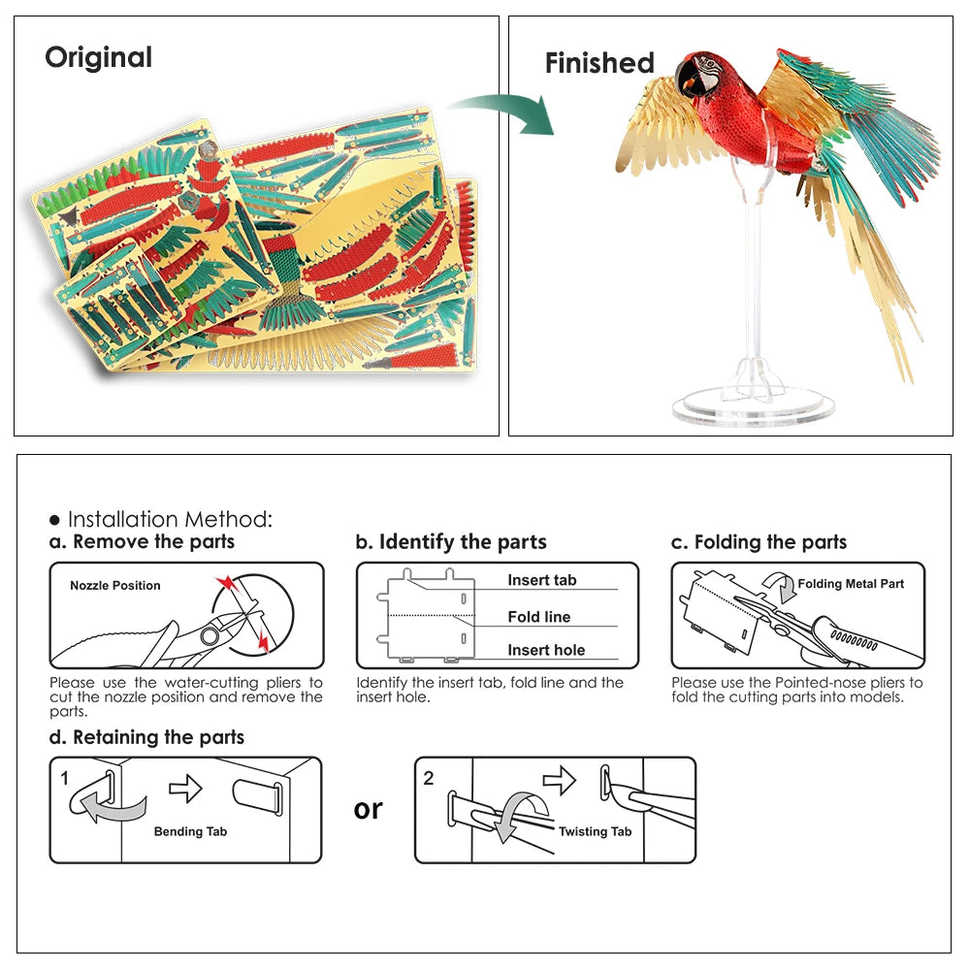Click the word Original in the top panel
click(x=98, y=57)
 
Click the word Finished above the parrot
click(x=599, y=63)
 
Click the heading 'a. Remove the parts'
click(x=142, y=542)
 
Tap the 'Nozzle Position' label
click(x=115, y=586)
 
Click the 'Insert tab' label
click(x=541, y=580)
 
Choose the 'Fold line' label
click(x=538, y=617)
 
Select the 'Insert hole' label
click(x=546, y=651)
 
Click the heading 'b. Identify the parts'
click(x=451, y=542)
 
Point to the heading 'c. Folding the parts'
click(x=759, y=542)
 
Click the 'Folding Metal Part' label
click(x=851, y=584)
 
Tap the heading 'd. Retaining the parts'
click(x=146, y=737)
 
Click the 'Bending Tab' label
click(x=190, y=831)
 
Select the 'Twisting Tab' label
click(x=595, y=831)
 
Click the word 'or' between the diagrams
click(x=369, y=809)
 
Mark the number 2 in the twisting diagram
click(x=429, y=778)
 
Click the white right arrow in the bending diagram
click(x=185, y=790)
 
